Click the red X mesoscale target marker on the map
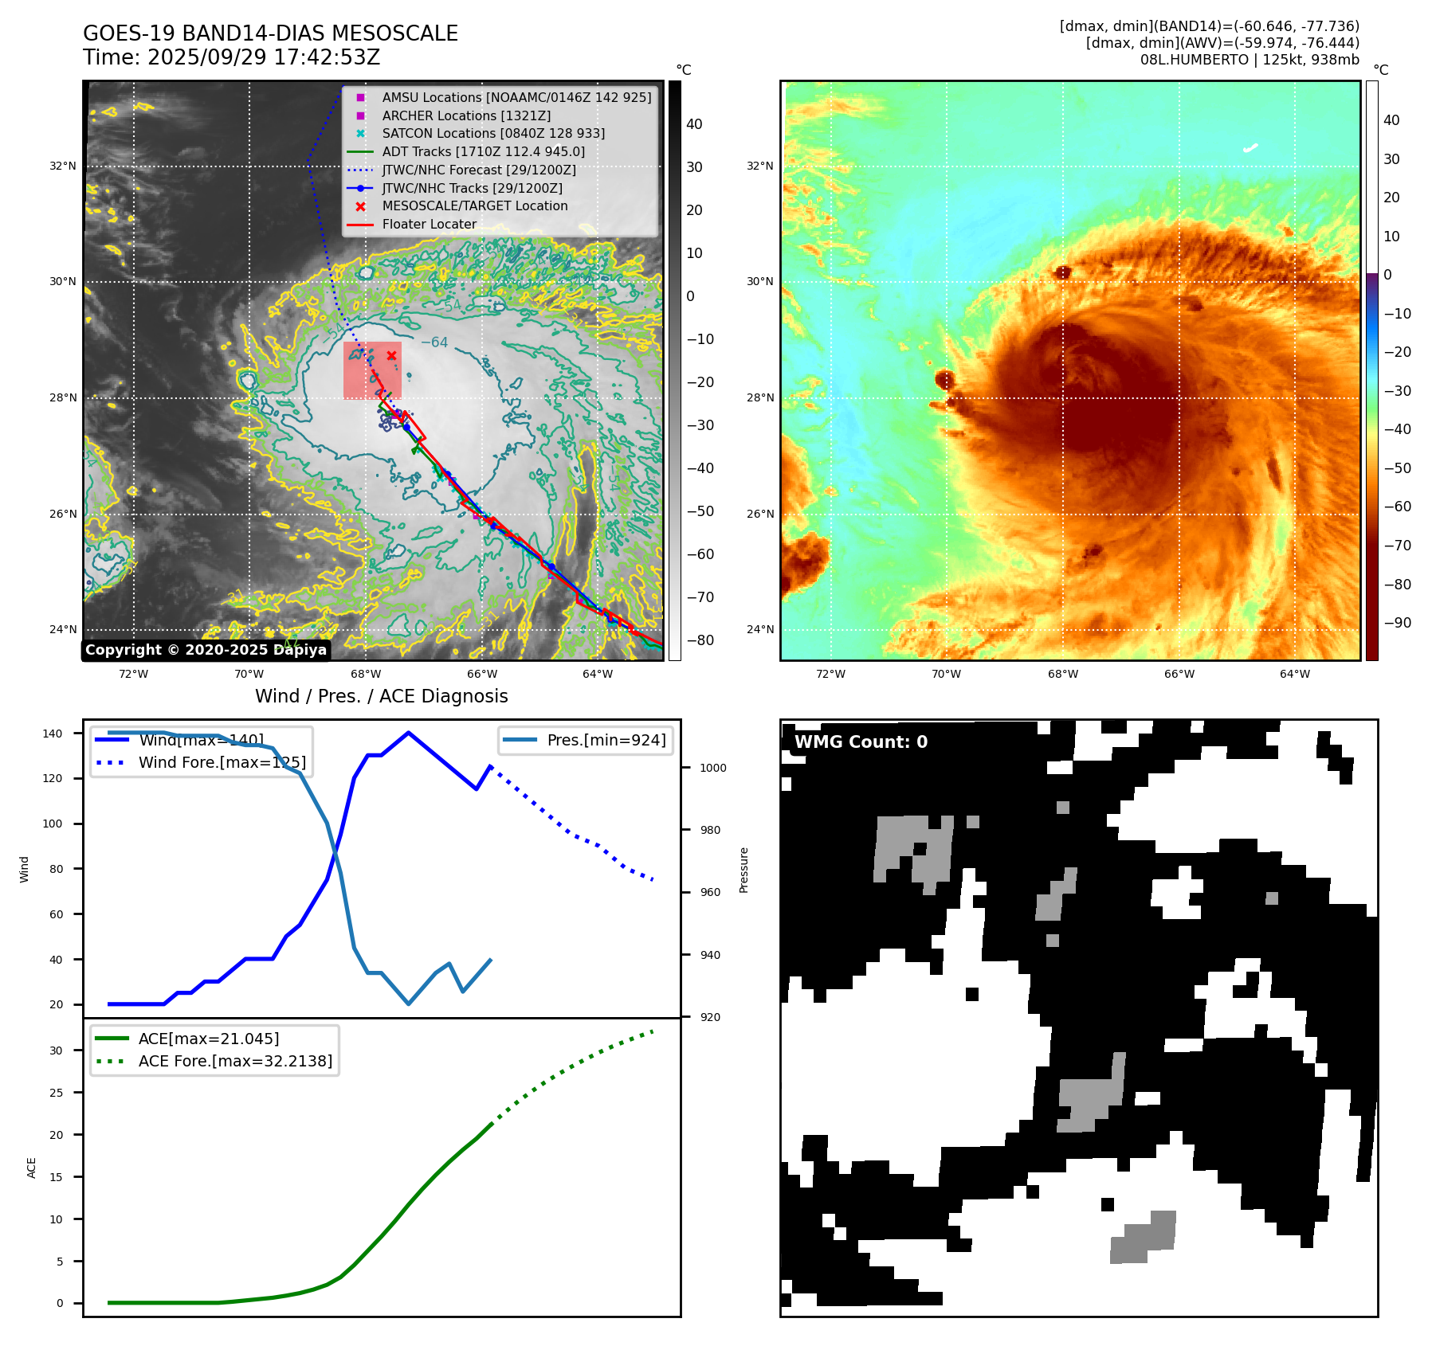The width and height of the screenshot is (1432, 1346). pos(391,355)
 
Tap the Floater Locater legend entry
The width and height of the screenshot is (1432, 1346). pos(429,224)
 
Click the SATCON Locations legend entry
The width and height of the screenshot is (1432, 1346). pos(492,133)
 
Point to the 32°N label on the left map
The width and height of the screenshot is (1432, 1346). pos(63,166)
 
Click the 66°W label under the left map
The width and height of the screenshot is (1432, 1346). pos(481,674)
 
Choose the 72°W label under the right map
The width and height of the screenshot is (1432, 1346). pos(830,674)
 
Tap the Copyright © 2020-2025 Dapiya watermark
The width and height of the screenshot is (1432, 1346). pos(206,650)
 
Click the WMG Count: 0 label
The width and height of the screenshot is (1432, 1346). pos(861,742)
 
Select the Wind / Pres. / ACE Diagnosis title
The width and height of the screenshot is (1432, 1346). pos(381,696)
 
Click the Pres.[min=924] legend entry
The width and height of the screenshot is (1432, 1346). pos(606,740)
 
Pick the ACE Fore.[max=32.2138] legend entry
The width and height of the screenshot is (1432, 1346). pos(235,1061)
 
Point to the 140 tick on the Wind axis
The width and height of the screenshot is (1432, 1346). pos(53,734)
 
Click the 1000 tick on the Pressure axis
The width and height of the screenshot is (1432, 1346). pos(712,768)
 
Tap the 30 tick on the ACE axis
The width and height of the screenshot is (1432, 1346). pos(56,1051)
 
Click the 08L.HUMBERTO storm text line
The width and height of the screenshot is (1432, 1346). pos(1249,60)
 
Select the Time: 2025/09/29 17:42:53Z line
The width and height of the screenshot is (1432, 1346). pos(231,57)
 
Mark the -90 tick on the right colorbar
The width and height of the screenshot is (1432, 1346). pos(1397,623)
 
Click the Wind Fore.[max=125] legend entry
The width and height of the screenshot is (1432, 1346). pos(222,762)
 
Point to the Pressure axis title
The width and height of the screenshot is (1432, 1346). pos(743,870)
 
